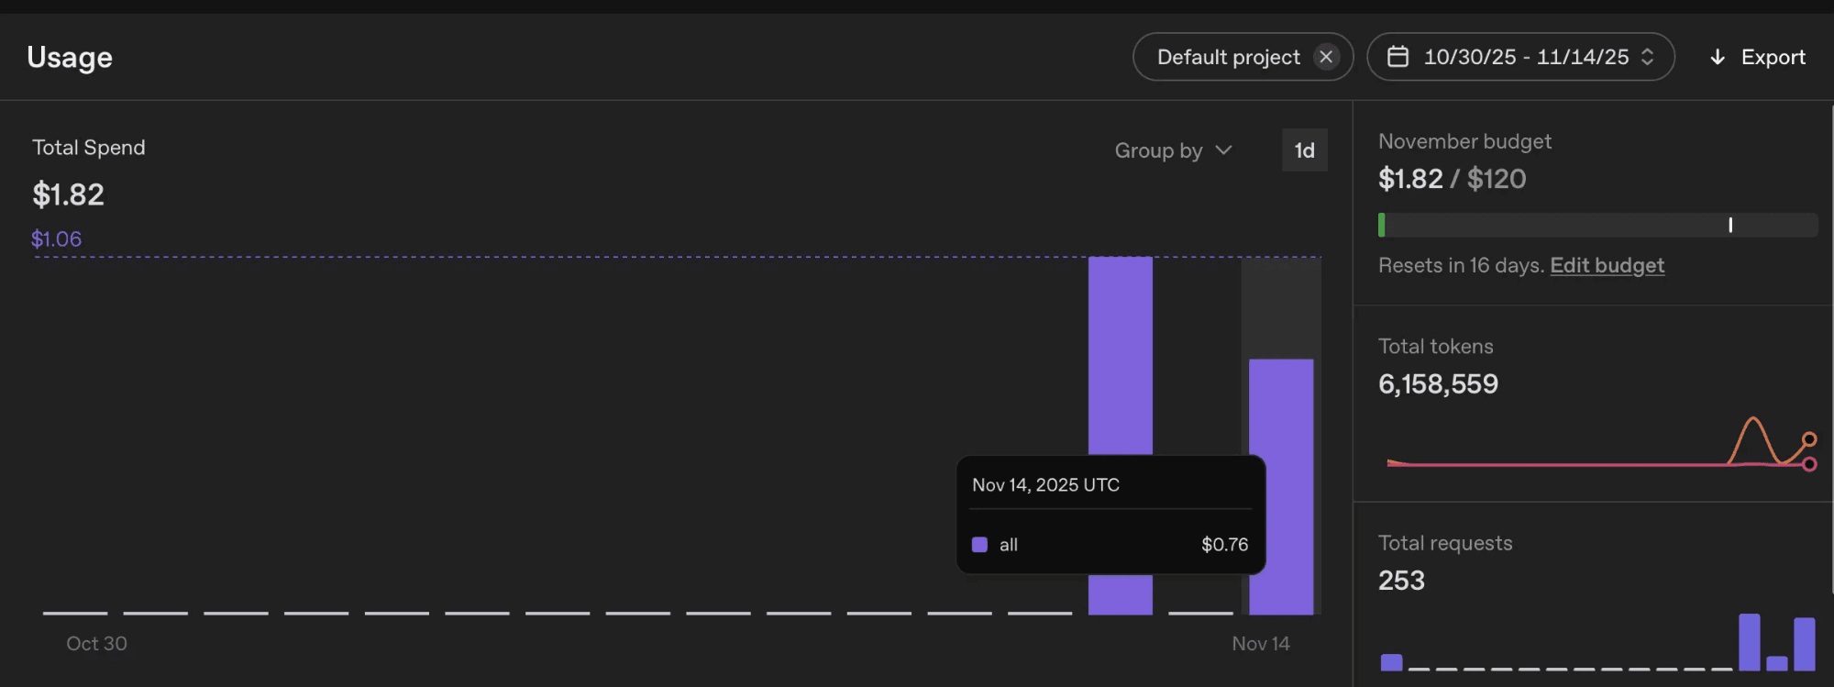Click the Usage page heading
[x=70, y=58]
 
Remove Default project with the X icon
[x=1326, y=57]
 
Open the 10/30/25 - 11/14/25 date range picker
[x=1520, y=57]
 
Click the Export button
[x=1758, y=57]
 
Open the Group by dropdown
[x=1173, y=150]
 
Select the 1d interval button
[x=1304, y=150]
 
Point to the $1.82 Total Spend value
[x=69, y=194]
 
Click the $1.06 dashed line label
[x=57, y=239]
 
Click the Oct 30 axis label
[x=96, y=644]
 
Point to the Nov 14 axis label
[x=1261, y=644]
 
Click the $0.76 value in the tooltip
[x=1225, y=545]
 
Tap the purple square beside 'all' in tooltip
[x=979, y=545]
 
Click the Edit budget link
[x=1607, y=265]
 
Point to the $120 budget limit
[x=1497, y=179]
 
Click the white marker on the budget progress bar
[x=1730, y=225]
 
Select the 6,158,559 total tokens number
[x=1438, y=384]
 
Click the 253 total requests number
[x=1401, y=581]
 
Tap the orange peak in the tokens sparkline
[x=1752, y=419]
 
